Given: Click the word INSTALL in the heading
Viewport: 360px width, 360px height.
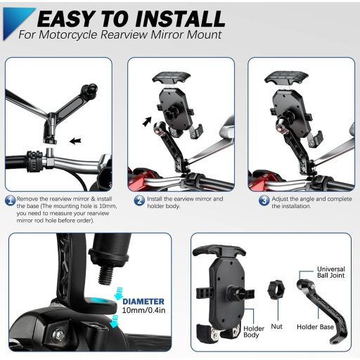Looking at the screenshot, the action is (180, 19).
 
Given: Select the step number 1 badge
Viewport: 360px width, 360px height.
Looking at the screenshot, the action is (10, 200).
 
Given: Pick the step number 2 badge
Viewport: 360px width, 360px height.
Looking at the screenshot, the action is (139, 200).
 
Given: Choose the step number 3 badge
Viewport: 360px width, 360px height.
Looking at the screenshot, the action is (264, 200).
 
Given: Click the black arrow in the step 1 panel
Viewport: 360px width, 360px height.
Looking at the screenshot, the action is (75, 141).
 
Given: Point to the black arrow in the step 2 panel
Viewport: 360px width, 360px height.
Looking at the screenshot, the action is (147, 122).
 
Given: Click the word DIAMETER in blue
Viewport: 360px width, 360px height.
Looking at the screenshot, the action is (143, 302).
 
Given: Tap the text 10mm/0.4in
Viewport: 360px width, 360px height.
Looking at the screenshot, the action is (143, 310).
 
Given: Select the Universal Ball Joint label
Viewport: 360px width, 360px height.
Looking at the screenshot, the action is (330, 272).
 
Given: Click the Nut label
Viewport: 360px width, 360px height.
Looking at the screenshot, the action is (276, 326).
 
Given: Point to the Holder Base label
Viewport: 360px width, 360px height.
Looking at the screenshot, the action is (315, 327).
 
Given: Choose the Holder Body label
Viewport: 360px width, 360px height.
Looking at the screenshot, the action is (254, 332).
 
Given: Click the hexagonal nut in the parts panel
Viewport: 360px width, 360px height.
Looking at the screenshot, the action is (276, 290).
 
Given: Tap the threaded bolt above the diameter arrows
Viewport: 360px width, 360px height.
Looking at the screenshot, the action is (105, 275).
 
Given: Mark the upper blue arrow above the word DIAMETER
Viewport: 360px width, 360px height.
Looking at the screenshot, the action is (120, 293).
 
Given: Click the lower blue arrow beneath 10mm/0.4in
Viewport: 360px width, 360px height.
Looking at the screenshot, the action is (114, 321).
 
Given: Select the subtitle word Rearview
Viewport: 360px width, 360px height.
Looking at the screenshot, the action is (124, 34).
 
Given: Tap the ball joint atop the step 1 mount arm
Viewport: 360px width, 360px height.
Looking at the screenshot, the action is (90, 89).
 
